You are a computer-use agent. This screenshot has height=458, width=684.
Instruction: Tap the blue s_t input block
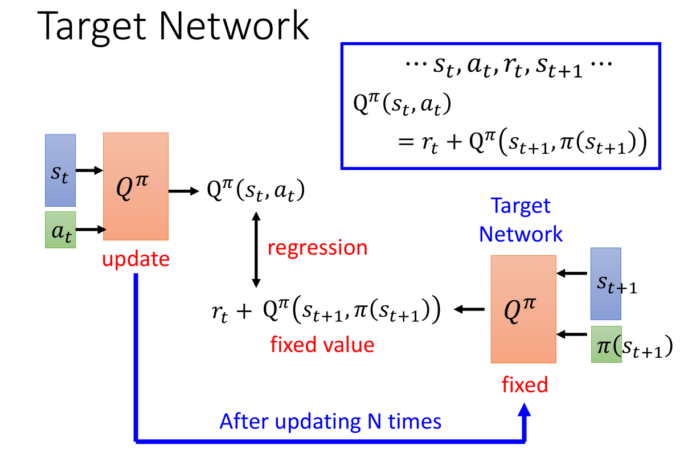coord(60,170)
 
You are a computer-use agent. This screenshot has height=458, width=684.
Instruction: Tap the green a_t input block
coord(60,230)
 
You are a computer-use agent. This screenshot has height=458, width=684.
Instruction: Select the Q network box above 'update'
coord(136,186)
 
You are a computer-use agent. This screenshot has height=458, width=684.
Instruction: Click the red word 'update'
coord(136,260)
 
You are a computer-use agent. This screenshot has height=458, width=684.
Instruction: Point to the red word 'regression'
coord(317,248)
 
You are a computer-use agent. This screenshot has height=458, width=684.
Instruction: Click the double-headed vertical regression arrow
coord(256,249)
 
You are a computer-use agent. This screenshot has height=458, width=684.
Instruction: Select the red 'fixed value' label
coord(322,345)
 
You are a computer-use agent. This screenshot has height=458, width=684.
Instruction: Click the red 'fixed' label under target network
coord(525,385)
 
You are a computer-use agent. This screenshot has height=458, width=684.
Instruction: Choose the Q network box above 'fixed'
coord(523,309)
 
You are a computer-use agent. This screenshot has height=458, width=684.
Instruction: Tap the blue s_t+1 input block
coord(605,283)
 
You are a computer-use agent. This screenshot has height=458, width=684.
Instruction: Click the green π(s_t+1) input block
coord(605,344)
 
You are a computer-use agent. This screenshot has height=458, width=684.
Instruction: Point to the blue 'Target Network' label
coord(521,220)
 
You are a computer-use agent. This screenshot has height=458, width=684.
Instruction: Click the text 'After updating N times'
coord(330,422)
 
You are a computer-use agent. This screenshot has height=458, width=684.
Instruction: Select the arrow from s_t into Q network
coord(89,170)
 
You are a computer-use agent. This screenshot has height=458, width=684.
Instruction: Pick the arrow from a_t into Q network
coord(89,230)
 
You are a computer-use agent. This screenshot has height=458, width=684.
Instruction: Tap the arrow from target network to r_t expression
coord(469,309)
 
